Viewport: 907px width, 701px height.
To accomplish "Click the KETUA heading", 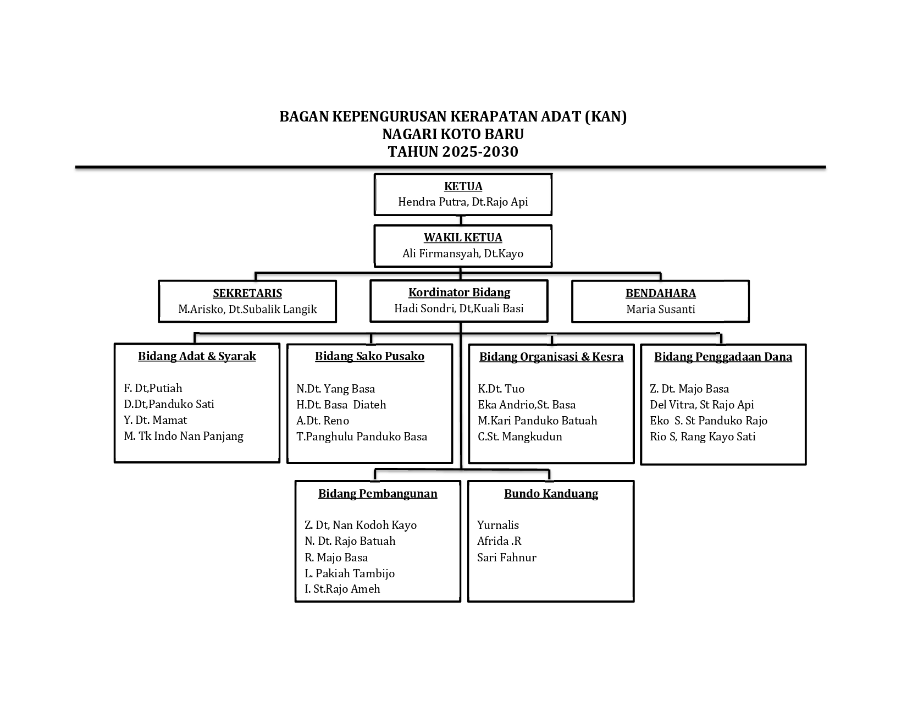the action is coord(463,186).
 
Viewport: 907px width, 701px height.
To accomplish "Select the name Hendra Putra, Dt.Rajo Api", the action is coord(463,202).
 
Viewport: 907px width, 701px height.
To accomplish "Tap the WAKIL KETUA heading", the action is coord(463,238).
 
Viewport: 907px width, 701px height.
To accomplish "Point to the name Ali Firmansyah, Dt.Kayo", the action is coord(463,253).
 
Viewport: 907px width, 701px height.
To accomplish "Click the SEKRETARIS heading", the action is coord(247,293).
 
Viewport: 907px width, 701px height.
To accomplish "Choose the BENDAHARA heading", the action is coord(661,293).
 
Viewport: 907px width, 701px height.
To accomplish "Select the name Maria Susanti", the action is coord(661,310).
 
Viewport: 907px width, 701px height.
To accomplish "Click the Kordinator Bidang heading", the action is coord(459,292).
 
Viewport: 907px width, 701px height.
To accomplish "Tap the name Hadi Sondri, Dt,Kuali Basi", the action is coord(459,308).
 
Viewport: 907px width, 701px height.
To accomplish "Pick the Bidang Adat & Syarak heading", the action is coord(197,357).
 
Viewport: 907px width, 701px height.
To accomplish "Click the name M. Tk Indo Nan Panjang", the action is coord(184,437).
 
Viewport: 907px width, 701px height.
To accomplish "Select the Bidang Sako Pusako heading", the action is coord(370,357).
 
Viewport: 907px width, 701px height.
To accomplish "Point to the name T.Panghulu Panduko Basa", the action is coord(362,437).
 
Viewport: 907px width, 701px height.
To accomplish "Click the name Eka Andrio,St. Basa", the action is coord(527,405).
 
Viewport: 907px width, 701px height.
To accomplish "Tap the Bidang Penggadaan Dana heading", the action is coord(723,357).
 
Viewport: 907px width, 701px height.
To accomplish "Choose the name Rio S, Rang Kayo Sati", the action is coord(703,437).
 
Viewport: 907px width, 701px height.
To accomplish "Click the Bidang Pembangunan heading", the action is coord(378,494).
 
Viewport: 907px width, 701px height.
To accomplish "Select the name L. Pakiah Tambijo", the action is coord(350,573).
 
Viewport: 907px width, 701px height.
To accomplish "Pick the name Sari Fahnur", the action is coord(507,558).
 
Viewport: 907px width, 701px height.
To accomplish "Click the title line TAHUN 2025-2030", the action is coord(453,152).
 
